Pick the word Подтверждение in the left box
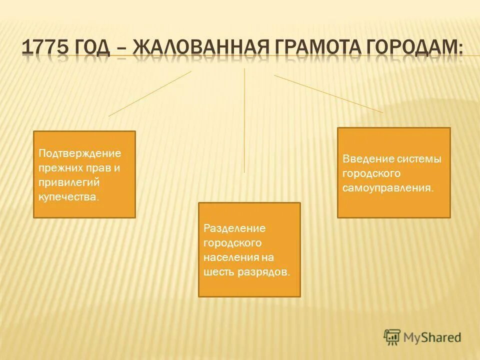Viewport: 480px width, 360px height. point(80,153)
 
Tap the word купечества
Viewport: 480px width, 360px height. point(68,197)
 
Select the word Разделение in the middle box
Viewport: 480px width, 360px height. point(227,228)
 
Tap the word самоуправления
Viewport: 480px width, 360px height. point(388,188)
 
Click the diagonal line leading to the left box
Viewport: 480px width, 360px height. point(150,93)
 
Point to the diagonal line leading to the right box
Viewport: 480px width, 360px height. point(328,94)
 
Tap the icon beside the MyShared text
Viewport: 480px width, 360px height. point(392,337)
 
